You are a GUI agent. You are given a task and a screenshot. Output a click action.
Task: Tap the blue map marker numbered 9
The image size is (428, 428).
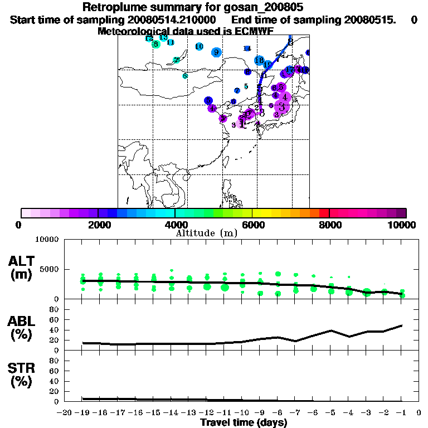(216, 52)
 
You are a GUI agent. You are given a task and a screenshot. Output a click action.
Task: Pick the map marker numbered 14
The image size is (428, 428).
(247, 48)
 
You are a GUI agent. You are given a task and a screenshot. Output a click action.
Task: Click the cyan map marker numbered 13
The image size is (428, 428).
(163, 37)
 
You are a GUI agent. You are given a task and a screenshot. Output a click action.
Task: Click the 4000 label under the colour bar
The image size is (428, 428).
(175, 225)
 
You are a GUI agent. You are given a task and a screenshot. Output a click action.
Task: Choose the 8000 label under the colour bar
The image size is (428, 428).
(329, 225)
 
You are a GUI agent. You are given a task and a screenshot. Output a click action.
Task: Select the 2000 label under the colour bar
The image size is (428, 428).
(98, 225)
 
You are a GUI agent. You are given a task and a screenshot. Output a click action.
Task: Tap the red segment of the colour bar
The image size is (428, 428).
(324, 213)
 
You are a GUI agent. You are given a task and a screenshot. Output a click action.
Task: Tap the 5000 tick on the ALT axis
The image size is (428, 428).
(51, 269)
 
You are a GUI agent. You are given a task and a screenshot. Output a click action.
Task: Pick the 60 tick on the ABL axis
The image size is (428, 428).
(56, 319)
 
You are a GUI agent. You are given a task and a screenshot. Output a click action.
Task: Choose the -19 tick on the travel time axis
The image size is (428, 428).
(83, 413)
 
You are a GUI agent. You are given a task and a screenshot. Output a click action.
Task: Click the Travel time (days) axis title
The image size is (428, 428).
(244, 422)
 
